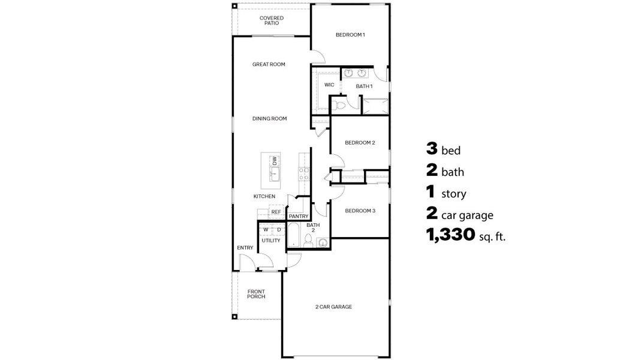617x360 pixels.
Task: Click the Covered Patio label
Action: point(272,20)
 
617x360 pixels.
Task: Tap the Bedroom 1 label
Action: point(350,35)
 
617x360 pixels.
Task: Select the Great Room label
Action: point(268,64)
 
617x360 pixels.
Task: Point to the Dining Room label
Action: point(269,119)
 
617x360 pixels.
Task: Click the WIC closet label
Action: point(329,85)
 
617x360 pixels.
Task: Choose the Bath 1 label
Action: point(364,86)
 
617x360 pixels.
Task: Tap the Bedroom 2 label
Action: point(360,143)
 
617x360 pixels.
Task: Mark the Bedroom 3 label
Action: point(360,211)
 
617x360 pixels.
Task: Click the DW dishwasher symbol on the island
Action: point(275,160)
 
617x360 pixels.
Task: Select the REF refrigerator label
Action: point(276,212)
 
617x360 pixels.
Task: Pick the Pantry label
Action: point(298,216)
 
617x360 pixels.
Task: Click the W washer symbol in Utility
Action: point(265,229)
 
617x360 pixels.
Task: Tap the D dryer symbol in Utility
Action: point(279,229)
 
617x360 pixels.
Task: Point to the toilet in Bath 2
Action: point(308,241)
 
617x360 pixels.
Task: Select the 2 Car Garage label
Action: point(333,307)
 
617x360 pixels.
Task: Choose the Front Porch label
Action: point(256,294)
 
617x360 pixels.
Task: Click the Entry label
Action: point(245,248)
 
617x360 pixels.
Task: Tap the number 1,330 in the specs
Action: point(450,235)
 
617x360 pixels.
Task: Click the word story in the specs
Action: point(454,194)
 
